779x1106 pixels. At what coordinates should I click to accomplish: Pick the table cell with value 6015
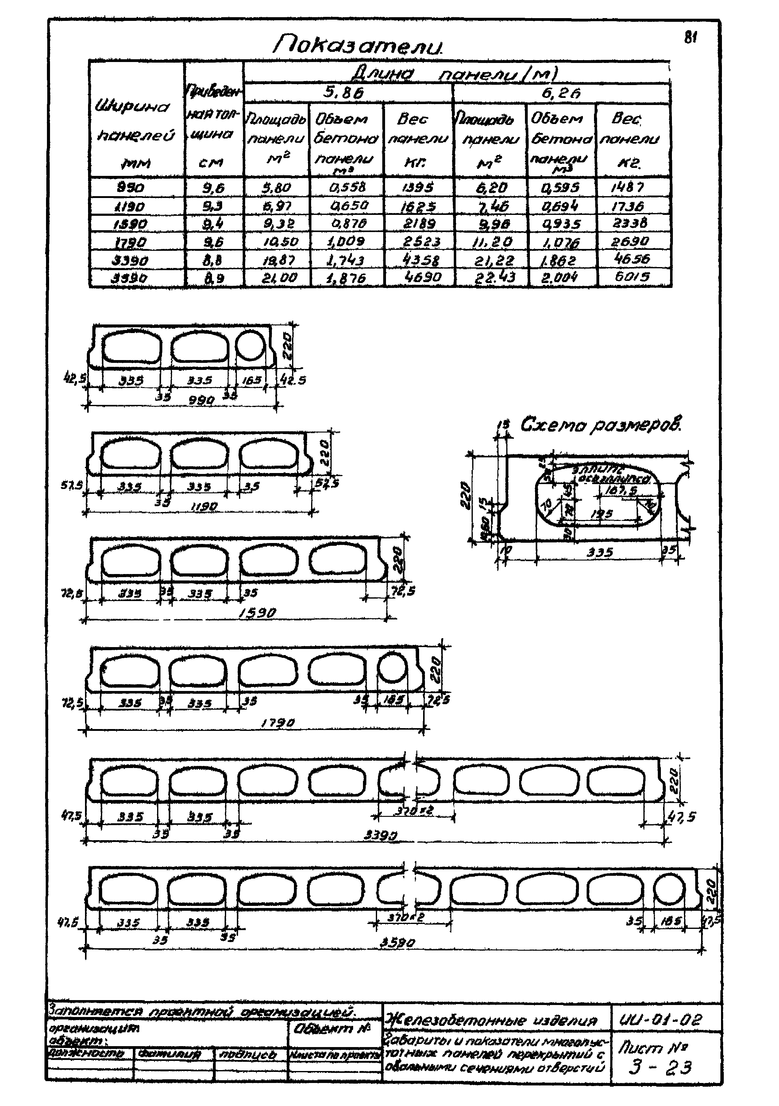click(634, 277)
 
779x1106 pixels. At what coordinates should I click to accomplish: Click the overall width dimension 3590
click(397, 942)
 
